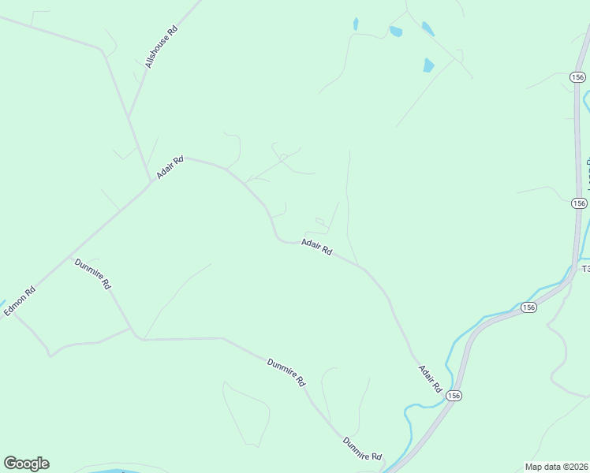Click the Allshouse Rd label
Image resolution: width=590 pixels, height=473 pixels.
tap(162, 46)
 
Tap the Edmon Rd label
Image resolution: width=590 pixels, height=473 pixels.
tap(20, 300)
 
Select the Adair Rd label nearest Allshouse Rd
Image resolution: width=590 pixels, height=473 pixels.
tap(170, 166)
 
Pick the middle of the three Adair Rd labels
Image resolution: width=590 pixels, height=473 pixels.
tap(316, 247)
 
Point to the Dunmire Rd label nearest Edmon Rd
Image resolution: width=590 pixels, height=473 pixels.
tap(93, 274)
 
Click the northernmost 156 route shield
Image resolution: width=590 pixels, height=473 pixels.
tap(577, 77)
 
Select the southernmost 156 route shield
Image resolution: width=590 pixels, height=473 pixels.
tap(453, 394)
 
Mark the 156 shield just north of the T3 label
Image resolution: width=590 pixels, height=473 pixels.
tap(580, 203)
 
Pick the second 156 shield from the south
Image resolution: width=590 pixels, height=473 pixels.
tap(528, 307)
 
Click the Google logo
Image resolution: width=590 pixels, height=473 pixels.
tap(26, 464)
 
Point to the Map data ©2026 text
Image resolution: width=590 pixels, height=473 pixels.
tap(556, 467)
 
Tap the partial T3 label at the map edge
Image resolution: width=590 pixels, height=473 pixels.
tap(585, 269)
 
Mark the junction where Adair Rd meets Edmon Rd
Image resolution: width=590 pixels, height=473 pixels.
tap(152, 183)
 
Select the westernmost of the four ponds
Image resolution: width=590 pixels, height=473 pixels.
tap(356, 24)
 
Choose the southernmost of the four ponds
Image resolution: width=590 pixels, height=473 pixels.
tap(428, 65)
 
